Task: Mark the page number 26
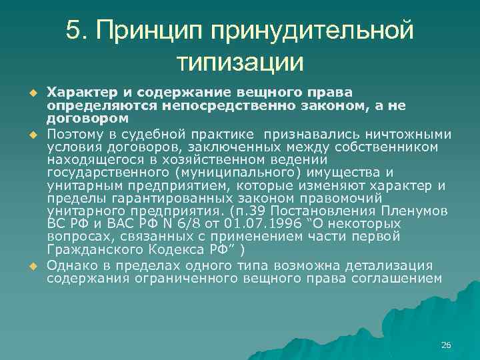click(x=446, y=345)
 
